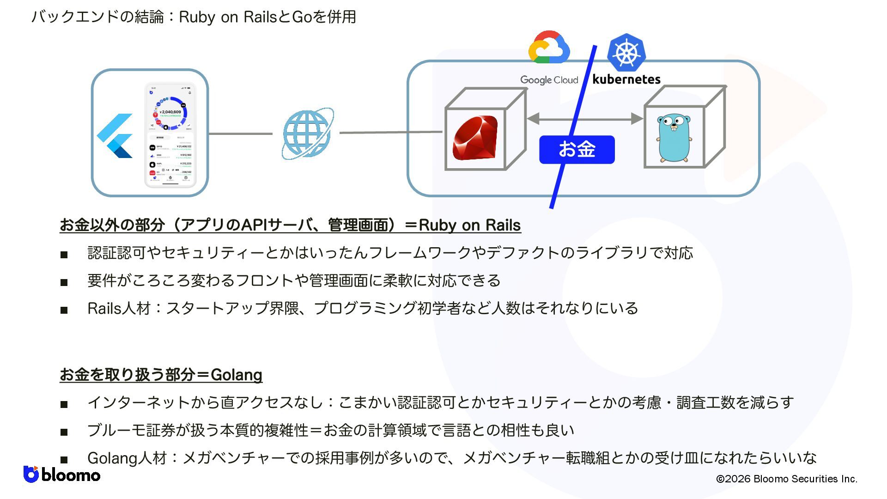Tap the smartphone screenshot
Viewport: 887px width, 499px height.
pyautogui.click(x=170, y=135)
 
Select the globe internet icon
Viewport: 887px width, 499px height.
pyautogui.click(x=307, y=134)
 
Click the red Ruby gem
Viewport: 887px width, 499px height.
pyautogui.click(x=475, y=138)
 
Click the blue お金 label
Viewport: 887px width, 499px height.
pyautogui.click(x=577, y=149)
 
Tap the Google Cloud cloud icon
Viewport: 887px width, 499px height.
pyautogui.click(x=549, y=48)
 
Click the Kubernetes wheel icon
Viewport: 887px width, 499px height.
pyautogui.click(x=626, y=52)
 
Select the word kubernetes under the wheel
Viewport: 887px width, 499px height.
pyautogui.click(x=626, y=79)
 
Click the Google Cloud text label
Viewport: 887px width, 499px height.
pyautogui.click(x=549, y=80)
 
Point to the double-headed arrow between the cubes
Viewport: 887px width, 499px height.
pyautogui.click(x=585, y=119)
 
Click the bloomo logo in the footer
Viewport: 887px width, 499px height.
pyautogui.click(x=62, y=475)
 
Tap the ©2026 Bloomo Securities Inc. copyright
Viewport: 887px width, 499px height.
pyautogui.click(x=786, y=479)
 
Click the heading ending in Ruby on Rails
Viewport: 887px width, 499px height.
pyautogui.click(x=290, y=225)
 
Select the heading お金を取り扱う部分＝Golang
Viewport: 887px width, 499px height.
pyautogui.click(x=161, y=374)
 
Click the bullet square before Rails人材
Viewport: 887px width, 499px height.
pyautogui.click(x=64, y=310)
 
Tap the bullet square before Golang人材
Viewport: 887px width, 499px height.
pyautogui.click(x=64, y=460)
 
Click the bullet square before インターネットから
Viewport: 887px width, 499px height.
pyautogui.click(x=64, y=404)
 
